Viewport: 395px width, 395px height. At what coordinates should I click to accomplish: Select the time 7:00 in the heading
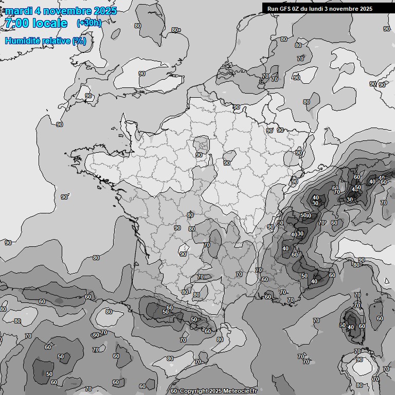point(15,23)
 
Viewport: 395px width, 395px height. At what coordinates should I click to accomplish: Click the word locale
point(50,23)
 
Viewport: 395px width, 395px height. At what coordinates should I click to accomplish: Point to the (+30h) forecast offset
point(89,23)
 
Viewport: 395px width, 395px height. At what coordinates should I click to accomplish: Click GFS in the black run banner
point(283,8)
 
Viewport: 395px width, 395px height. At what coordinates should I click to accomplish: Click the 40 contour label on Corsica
point(351,327)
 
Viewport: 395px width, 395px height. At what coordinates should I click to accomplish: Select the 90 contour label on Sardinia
point(359,360)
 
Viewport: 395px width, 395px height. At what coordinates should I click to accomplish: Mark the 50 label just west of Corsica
point(343,325)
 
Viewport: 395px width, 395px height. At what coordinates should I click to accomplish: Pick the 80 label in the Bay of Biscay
point(96,258)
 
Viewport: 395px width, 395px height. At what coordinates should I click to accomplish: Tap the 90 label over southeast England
point(142,74)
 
